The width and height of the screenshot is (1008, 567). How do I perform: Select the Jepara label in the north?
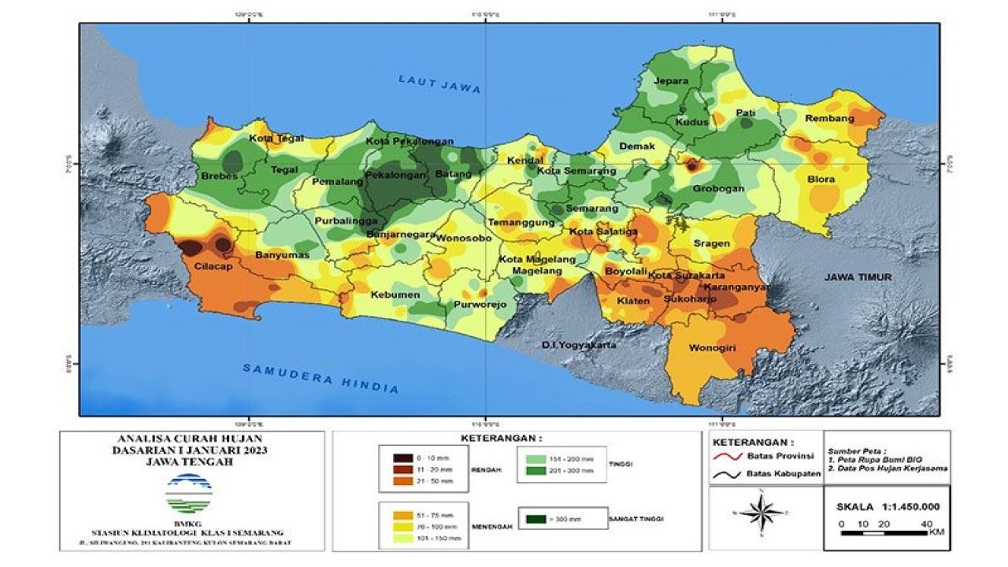(671, 81)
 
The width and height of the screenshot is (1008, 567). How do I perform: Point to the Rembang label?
(829, 119)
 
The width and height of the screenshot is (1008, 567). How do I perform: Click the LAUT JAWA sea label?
(439, 84)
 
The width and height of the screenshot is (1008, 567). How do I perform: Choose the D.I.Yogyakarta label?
(579, 345)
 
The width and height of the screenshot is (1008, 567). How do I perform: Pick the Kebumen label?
(395, 295)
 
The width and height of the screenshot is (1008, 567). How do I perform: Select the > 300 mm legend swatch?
(538, 519)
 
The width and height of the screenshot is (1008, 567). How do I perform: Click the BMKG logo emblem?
(188, 494)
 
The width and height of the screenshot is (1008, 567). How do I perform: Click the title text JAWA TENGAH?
(190, 463)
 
